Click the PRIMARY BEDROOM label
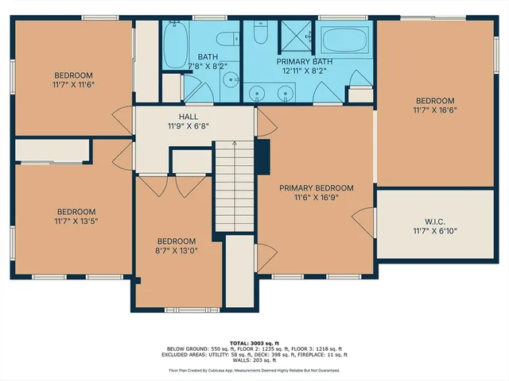pos(316,188)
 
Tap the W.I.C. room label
pos(434,221)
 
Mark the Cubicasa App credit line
pos(254,371)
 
